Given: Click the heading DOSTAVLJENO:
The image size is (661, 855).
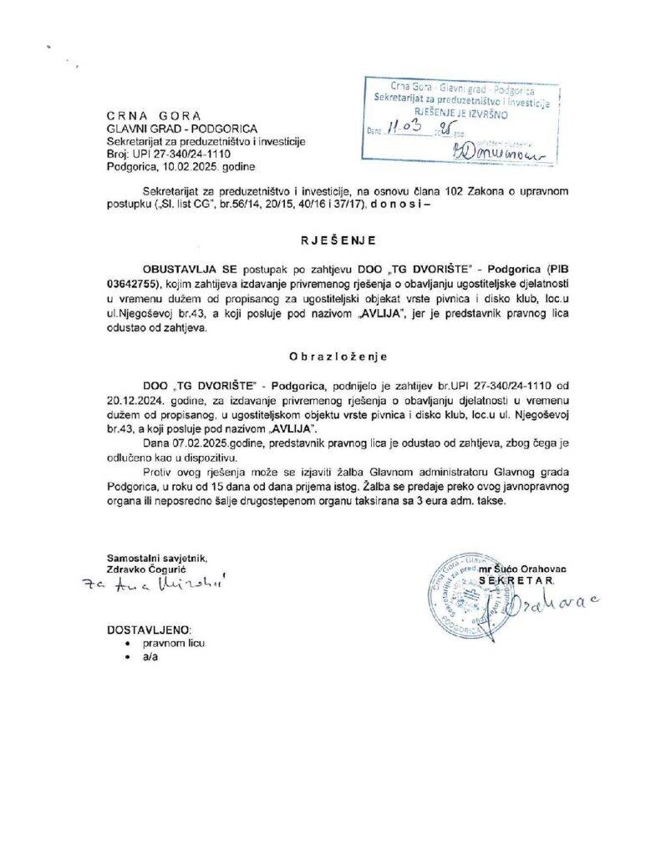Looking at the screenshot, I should pyautogui.click(x=150, y=628).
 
